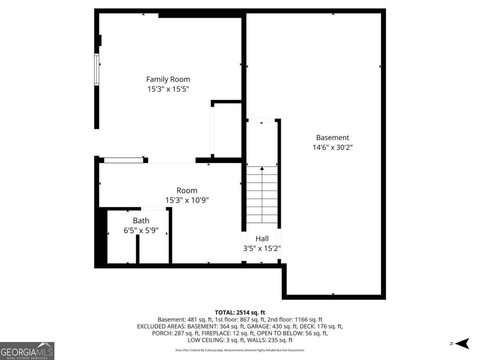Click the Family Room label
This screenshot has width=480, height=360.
point(168,79)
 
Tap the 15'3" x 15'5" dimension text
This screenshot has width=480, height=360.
point(168,89)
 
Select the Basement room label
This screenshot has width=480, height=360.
point(332,138)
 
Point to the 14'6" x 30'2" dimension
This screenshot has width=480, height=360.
point(332,147)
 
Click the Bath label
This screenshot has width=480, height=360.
point(141,220)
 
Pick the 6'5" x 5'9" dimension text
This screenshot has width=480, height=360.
point(141,230)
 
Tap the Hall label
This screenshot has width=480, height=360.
point(262,238)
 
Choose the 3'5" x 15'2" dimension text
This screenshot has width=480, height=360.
point(262,248)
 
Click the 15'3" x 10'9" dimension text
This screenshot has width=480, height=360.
point(187,200)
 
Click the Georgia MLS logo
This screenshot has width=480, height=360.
point(27,351)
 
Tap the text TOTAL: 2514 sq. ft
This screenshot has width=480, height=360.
point(240,312)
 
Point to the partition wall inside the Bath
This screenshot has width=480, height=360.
point(138,249)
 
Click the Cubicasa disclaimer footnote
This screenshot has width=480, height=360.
point(240,350)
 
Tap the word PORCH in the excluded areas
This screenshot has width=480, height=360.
point(162,333)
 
